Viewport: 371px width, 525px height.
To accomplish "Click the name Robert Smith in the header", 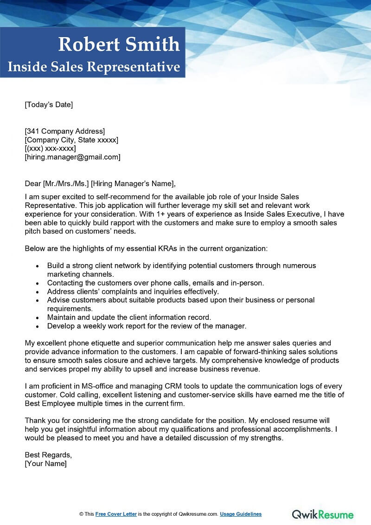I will pos(119,45).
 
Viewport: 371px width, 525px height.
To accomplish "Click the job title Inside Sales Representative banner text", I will pos(94,67).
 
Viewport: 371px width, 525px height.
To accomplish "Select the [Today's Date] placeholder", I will pos(49,104).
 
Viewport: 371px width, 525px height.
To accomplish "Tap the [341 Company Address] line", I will pos(65,131).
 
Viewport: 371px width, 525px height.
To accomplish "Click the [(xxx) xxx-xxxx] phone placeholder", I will pos(50,149).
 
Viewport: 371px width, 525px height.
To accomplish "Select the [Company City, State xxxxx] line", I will pos(71,140).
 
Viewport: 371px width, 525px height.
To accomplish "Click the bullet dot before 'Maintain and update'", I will pos(38,318).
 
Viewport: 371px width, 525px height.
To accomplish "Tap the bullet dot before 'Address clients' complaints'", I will pos(38,292).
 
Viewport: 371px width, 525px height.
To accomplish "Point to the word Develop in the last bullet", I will pos(61,326).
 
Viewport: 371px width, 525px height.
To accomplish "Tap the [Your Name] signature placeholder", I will pos(45,464).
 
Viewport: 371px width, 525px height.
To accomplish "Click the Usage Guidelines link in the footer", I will pos(241,514).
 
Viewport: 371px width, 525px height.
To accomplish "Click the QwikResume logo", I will pos(322,514).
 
